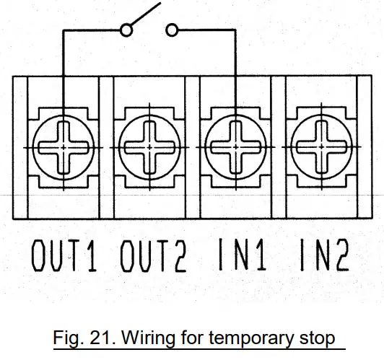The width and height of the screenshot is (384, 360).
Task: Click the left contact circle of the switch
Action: click(126, 30)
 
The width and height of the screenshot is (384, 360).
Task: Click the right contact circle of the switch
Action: click(172, 30)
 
